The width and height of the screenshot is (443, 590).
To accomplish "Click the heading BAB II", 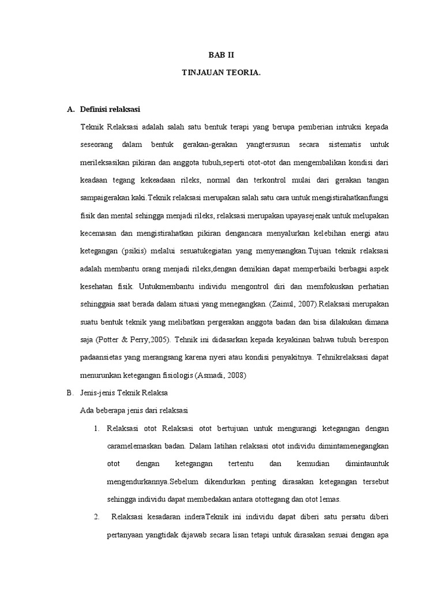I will click(x=221, y=55).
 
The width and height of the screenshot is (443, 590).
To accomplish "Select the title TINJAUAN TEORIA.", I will click(x=221, y=74).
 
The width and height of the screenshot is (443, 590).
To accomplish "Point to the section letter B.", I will click(x=70, y=392).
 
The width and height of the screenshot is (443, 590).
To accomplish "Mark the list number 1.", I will click(x=96, y=428).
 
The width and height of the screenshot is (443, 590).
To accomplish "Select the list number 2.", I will click(x=96, y=517).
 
